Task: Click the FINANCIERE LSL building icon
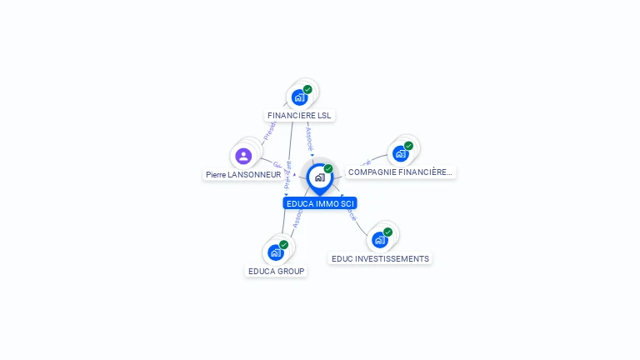pyautogui.click(x=300, y=97)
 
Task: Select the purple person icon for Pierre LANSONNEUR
pyautogui.click(x=243, y=156)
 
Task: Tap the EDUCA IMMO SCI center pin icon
pyautogui.click(x=319, y=177)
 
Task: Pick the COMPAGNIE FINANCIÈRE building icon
pyautogui.click(x=401, y=153)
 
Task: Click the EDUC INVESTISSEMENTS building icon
pyautogui.click(x=380, y=240)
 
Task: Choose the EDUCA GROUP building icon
pyautogui.click(x=276, y=252)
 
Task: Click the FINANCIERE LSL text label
pyautogui.click(x=300, y=116)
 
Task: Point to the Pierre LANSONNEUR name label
pyautogui.click(x=243, y=175)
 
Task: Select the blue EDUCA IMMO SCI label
pyautogui.click(x=320, y=203)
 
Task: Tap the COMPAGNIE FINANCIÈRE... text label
pyautogui.click(x=400, y=172)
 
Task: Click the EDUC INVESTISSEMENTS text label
pyautogui.click(x=380, y=259)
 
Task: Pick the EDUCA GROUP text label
pyautogui.click(x=277, y=272)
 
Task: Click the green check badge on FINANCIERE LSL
pyautogui.click(x=307, y=89)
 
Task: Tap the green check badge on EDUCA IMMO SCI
pyautogui.click(x=328, y=168)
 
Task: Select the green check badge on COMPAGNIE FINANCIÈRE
pyautogui.click(x=408, y=146)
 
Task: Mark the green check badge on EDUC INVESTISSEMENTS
pyautogui.click(x=387, y=232)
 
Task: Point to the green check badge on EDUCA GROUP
pyautogui.click(x=283, y=245)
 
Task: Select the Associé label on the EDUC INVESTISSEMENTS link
pyautogui.click(x=351, y=215)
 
